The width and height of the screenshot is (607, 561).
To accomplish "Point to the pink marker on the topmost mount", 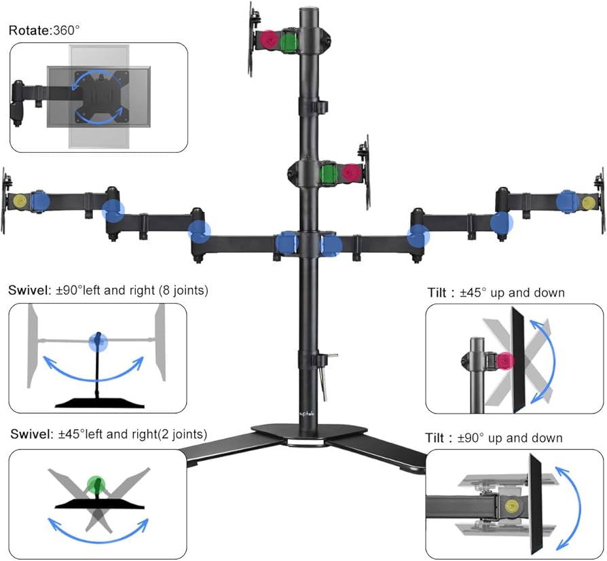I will [x=269, y=39].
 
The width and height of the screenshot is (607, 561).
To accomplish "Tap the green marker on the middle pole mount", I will [x=330, y=173].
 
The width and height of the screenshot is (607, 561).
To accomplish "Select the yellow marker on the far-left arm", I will [x=20, y=200].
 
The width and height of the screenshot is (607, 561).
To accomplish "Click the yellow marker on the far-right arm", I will [x=587, y=202].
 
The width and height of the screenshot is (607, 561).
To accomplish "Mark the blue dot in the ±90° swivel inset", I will [x=98, y=341].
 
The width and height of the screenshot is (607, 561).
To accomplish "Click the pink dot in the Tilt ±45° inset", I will [x=505, y=361].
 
